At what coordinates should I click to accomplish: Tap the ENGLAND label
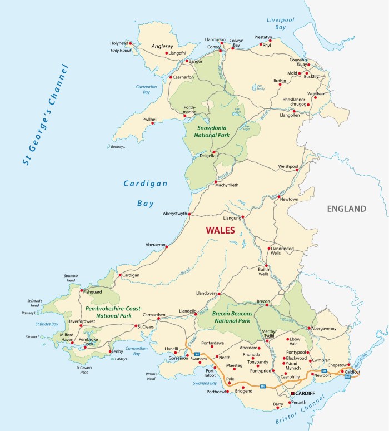346,209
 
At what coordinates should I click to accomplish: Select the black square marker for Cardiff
293,393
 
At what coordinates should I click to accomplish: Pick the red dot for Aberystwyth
189,214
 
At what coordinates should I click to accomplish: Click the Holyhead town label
118,43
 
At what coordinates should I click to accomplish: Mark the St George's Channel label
44,116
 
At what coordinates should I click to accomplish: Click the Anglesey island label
162,47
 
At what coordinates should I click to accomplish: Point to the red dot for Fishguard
82,290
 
